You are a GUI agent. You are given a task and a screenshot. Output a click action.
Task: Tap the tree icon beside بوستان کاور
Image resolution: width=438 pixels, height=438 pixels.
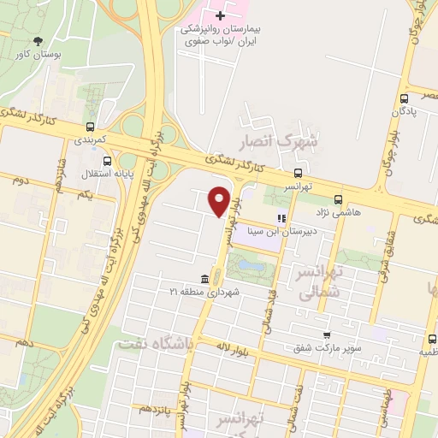(x=38, y=41)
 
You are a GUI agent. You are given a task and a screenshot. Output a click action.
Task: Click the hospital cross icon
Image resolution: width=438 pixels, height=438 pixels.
(x=221, y=15)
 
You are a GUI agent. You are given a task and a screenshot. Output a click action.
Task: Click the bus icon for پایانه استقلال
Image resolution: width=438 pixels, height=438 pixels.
(x=106, y=159)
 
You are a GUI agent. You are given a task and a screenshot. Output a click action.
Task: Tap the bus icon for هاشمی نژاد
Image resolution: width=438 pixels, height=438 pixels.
(x=338, y=199)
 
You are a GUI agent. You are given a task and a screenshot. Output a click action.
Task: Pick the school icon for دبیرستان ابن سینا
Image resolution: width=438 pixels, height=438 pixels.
(x=281, y=218)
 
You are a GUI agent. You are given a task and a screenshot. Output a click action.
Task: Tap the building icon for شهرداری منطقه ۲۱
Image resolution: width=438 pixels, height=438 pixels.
(x=204, y=280)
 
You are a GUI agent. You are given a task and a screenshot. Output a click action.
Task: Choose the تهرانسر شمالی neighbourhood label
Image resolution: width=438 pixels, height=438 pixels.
(x=319, y=281)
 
